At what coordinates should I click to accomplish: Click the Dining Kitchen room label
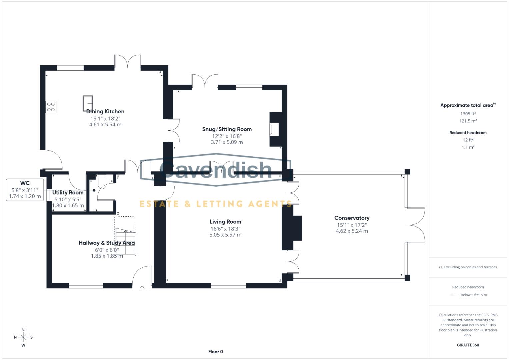tap(105, 112)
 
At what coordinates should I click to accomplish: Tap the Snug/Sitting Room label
tap(227, 129)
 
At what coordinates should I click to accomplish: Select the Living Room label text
tap(225, 222)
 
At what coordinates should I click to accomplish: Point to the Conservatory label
tap(352, 218)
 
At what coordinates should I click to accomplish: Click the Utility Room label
tap(68, 193)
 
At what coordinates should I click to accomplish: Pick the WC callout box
tap(25, 190)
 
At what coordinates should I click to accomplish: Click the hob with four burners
tap(51, 107)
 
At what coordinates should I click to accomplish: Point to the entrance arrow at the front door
tap(142, 288)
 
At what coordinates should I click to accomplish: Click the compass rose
tap(23, 337)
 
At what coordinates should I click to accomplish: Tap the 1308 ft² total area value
tap(468, 114)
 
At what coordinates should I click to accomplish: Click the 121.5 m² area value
tap(468, 121)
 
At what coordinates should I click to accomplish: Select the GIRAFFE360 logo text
tap(468, 345)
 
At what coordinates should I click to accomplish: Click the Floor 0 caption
tap(216, 352)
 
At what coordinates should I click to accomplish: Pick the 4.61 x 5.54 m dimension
tap(105, 125)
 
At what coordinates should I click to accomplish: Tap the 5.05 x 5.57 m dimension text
tap(225, 235)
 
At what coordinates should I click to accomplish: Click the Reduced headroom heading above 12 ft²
tap(468, 133)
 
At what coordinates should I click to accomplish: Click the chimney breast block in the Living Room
tap(292, 228)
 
